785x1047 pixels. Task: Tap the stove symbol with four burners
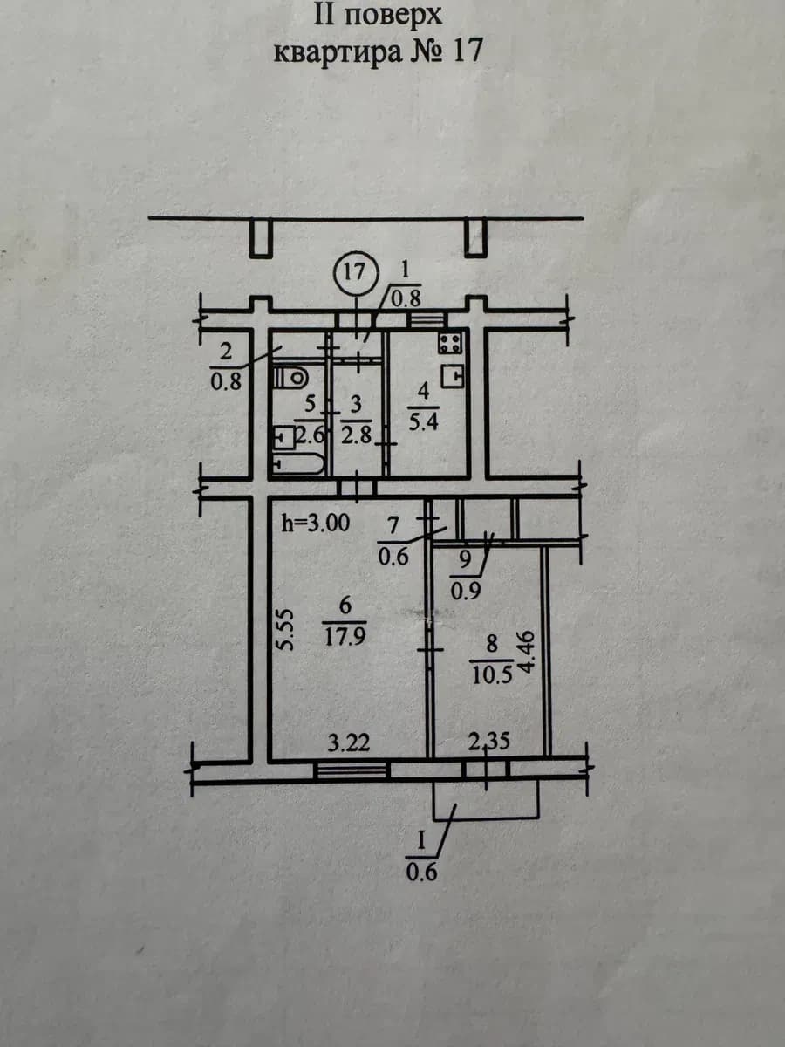450,343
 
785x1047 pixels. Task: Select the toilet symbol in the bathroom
290,379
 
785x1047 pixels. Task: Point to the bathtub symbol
299,464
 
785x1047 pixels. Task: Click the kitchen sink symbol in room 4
452,377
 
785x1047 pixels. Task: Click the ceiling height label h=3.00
316,523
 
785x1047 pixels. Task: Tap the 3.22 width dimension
349,743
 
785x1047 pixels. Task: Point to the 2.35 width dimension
489,742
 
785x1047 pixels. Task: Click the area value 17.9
345,637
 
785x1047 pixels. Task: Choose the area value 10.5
492,675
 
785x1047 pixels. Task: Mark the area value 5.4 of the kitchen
423,422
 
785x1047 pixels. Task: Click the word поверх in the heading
392,17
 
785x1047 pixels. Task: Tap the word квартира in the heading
338,52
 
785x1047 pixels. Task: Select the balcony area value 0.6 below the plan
422,872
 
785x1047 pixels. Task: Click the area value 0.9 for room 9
466,591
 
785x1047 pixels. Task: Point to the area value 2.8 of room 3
357,435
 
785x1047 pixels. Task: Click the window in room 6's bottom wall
352,770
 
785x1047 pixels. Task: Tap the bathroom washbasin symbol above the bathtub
284,437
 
